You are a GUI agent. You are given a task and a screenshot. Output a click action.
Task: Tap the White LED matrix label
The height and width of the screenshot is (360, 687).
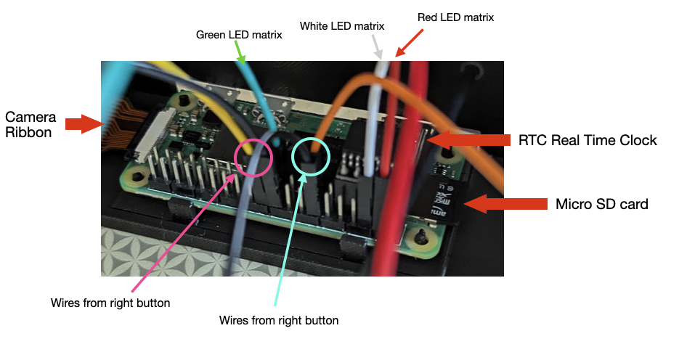(342, 26)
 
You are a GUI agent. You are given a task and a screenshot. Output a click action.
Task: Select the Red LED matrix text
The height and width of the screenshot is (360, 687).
(456, 17)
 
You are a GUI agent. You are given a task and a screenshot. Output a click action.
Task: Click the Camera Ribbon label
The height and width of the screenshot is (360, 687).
(28, 124)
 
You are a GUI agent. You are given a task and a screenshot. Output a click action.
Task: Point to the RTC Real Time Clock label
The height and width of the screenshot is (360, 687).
(588, 140)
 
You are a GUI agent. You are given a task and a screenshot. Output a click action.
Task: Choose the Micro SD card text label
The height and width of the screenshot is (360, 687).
(601, 204)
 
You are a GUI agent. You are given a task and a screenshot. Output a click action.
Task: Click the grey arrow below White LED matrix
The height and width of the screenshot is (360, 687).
(377, 49)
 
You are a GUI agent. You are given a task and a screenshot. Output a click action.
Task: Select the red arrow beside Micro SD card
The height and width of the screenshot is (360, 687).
(505, 204)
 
